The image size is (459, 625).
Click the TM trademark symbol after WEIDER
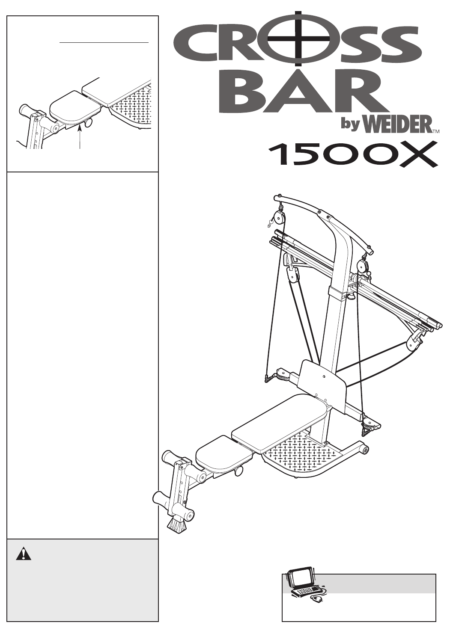click(436, 132)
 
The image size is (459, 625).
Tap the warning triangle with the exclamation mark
click(24, 554)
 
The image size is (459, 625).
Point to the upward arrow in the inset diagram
click(80, 132)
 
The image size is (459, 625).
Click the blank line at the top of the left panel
click(104, 43)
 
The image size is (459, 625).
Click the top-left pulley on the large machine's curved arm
click(280, 219)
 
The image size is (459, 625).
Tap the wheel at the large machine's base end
click(365, 450)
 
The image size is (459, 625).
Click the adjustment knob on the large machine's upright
click(352, 295)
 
